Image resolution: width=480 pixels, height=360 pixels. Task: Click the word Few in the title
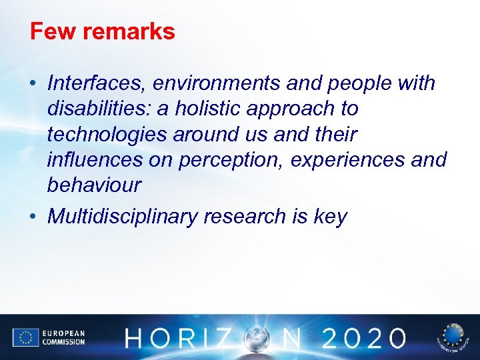[x=49, y=31]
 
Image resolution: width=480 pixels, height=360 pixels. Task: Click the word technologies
[x=107, y=134]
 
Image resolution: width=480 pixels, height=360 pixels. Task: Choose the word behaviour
[x=94, y=185]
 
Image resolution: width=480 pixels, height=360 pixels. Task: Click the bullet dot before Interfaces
[x=33, y=84]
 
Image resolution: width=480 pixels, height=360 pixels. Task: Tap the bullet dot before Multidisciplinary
[x=33, y=217]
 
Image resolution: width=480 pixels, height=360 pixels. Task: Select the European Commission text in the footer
[x=64, y=338]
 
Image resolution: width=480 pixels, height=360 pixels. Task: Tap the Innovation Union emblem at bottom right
[x=453, y=338]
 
